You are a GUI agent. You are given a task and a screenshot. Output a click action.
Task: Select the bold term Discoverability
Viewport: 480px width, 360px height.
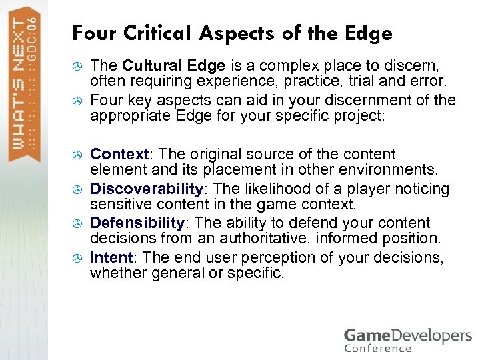146,189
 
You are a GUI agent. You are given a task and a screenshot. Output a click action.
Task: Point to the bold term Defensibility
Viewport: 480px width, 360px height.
137,223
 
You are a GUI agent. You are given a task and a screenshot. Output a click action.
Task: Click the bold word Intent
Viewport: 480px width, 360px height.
111,257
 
